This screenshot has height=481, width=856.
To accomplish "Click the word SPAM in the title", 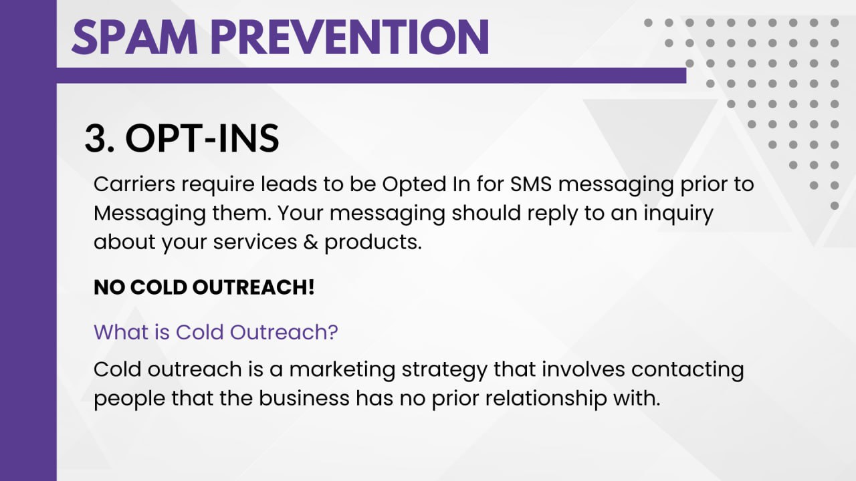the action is (x=134, y=37).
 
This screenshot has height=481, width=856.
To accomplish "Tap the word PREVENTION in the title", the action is (x=350, y=37).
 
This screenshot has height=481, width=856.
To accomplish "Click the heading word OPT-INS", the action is (x=202, y=138).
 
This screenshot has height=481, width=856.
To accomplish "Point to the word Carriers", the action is (x=134, y=184).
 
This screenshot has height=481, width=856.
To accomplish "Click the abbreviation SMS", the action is (x=531, y=184).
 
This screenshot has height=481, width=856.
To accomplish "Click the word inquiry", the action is (x=678, y=214).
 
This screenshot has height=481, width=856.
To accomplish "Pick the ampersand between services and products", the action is (x=311, y=242).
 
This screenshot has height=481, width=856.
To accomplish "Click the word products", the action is (x=373, y=243).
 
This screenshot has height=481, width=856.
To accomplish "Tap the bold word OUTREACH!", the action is (x=253, y=287).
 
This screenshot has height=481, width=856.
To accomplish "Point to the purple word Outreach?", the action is (x=284, y=332).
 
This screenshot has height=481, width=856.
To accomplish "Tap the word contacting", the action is (x=687, y=370).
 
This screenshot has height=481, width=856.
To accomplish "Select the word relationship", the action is (x=546, y=399).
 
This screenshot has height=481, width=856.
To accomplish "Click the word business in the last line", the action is (x=304, y=398).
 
